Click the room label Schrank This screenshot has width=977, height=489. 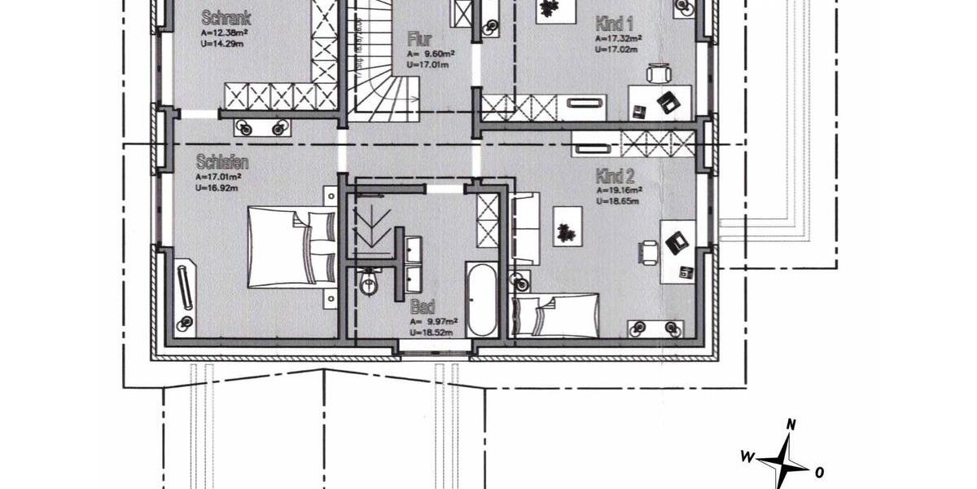226,18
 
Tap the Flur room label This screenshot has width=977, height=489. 420,39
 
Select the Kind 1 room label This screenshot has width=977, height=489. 615,23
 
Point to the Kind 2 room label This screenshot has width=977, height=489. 615,176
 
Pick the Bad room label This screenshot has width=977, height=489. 422,308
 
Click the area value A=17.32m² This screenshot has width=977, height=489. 617,37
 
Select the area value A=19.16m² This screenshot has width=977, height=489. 617,190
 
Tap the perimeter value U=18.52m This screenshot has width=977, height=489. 432,333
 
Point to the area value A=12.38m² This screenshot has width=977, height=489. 224,33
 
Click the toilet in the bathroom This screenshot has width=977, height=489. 369,283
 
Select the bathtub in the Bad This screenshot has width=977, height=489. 481,299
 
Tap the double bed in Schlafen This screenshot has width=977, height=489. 291,247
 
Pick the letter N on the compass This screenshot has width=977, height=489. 791,425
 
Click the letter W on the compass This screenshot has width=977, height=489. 746,456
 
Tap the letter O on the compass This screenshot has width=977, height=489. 819,472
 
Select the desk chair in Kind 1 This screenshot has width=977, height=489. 659,74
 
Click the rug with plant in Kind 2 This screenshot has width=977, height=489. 567,226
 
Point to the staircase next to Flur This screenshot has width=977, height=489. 383,65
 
